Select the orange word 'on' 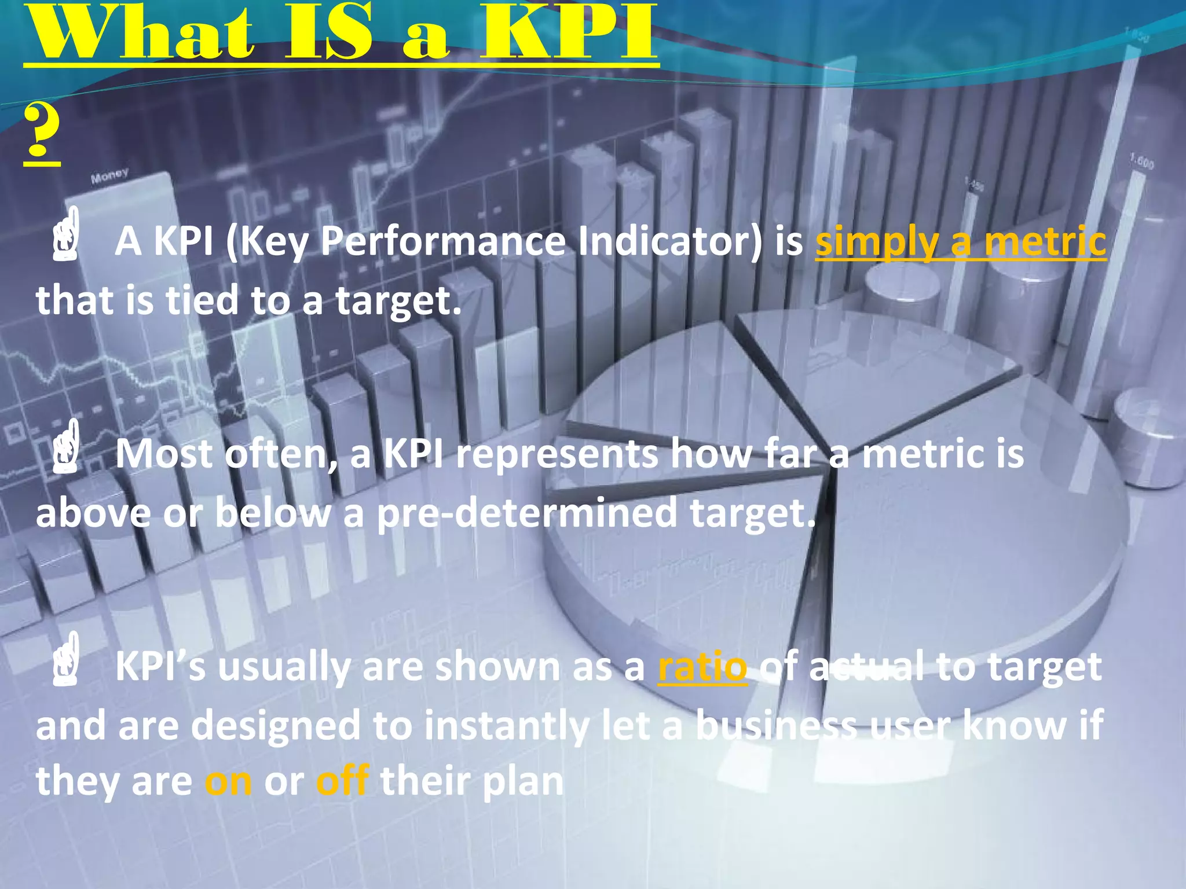click(x=228, y=781)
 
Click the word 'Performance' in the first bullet click(x=443, y=241)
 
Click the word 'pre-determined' click(x=527, y=513)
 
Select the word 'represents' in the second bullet click(x=557, y=455)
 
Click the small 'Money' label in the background click(x=109, y=175)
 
